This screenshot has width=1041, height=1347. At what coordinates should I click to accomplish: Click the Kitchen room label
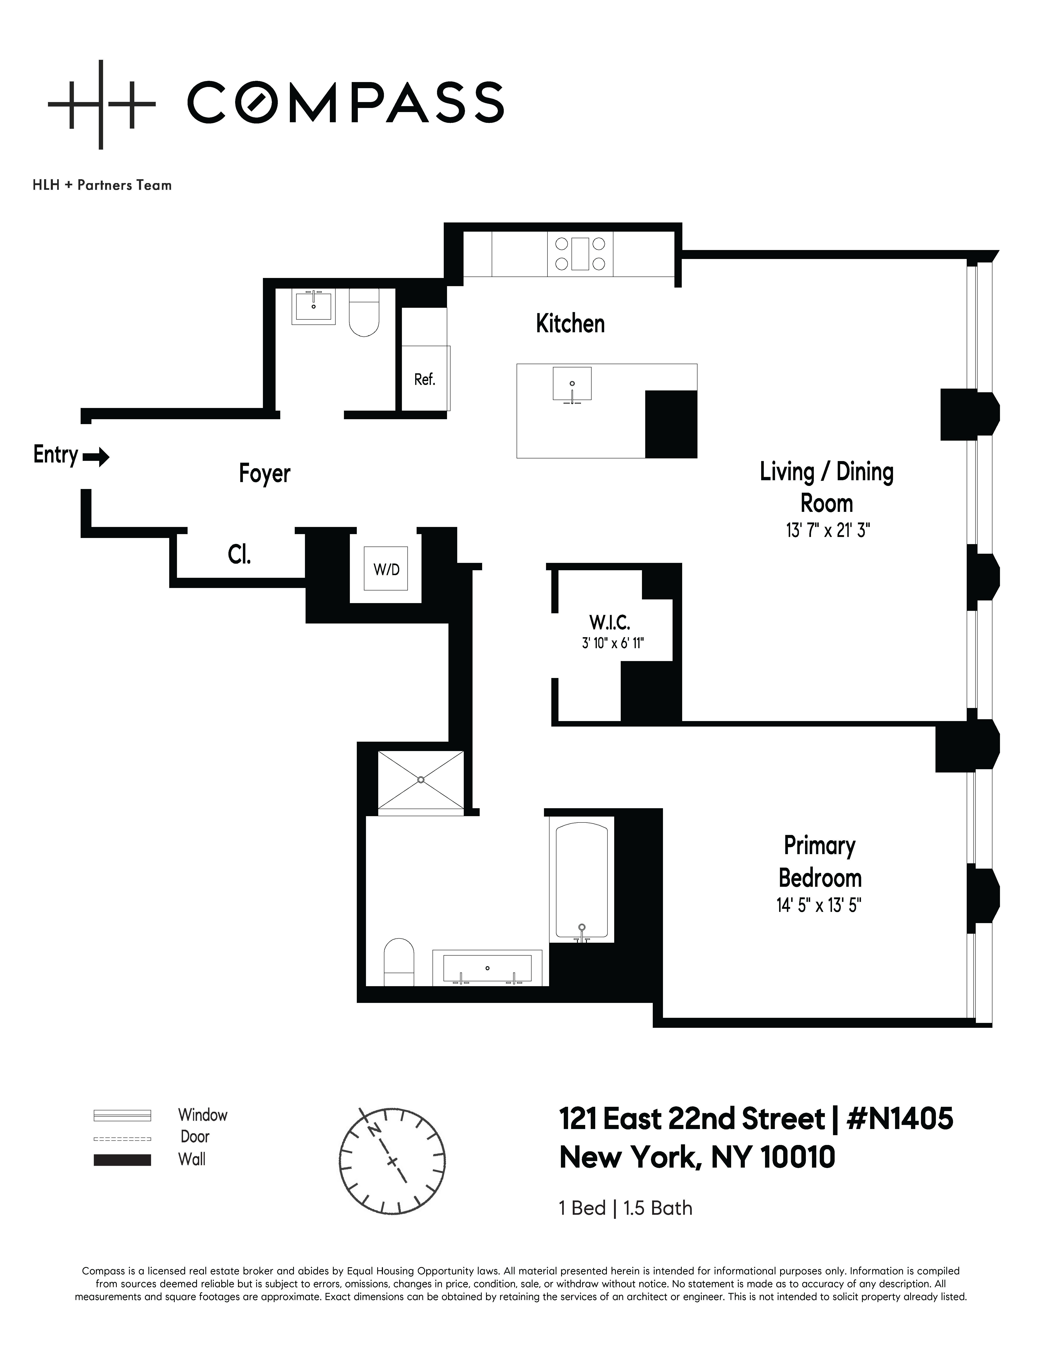[570, 324]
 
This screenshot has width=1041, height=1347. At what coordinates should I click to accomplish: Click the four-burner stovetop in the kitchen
[580, 253]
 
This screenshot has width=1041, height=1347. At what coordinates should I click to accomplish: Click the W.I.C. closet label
[609, 622]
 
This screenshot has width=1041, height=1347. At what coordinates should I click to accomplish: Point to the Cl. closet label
[239, 555]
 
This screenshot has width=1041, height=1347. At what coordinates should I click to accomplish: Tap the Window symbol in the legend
[122, 1115]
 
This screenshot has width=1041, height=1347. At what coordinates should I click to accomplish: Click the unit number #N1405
[900, 1119]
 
